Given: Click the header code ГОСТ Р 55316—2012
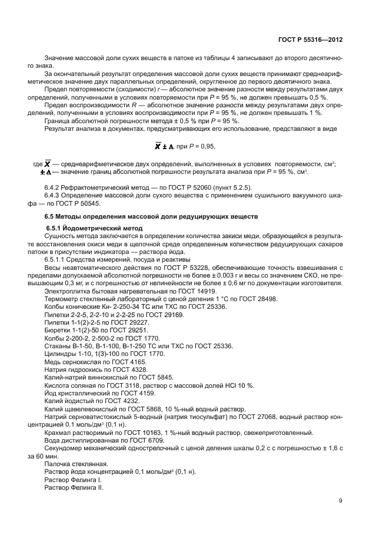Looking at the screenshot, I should (x=310, y=39).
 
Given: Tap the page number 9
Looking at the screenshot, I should (x=341, y=501).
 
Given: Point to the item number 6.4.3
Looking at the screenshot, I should (x=54, y=195).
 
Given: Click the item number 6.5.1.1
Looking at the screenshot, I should (x=57, y=259).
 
